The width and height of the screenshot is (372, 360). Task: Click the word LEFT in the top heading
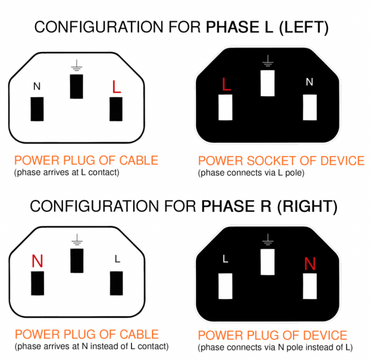pos(303,27)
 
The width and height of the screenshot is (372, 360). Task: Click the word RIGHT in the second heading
pos(307,206)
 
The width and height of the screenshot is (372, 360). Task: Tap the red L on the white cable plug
pos(116,87)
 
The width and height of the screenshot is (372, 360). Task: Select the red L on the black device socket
pos(226,84)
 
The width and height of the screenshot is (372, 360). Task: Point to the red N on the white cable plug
pos(37,261)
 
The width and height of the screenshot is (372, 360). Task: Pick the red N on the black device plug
pos(310,263)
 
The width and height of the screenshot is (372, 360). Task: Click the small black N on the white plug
pos(37,86)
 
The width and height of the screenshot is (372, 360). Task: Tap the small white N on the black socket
pos(309,82)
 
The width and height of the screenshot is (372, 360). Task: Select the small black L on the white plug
pos(117,259)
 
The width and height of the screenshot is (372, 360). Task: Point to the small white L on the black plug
pos(225,258)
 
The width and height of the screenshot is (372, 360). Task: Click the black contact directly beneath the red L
pos(116,109)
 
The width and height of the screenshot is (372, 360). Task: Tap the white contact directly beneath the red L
pos(225,107)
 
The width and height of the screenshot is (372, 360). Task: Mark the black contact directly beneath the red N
pos(38,283)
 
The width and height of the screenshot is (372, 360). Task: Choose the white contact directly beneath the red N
pos(310,286)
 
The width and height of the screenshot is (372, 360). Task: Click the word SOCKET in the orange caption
pos(272,161)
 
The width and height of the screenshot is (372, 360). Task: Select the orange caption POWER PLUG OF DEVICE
pos(273,335)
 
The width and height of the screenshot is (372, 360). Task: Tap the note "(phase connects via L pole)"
pos(251,173)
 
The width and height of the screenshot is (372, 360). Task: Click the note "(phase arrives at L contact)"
pos(67,172)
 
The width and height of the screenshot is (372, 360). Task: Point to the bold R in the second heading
pos(266,206)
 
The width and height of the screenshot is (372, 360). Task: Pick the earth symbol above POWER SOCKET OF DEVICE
pos(267,61)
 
